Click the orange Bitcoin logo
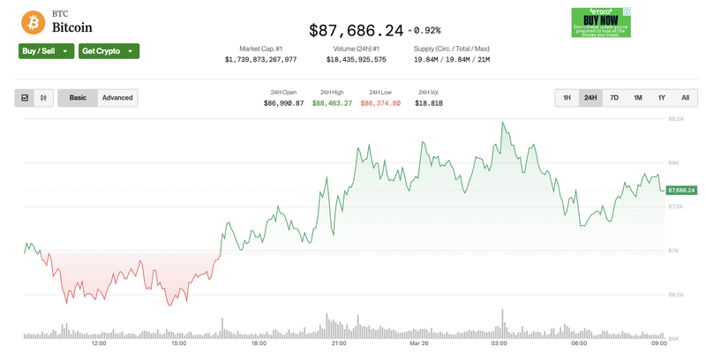(x=34, y=21)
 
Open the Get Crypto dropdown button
(x=109, y=51)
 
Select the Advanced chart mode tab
(x=117, y=98)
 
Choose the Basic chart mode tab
(x=78, y=98)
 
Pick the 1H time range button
(x=567, y=98)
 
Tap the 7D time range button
(x=614, y=98)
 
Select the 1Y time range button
(x=661, y=98)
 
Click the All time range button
(x=685, y=98)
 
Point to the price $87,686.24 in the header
(x=356, y=30)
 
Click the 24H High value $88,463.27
(x=332, y=103)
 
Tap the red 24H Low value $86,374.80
(x=380, y=103)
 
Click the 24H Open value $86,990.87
(x=283, y=103)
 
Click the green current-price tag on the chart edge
(x=681, y=190)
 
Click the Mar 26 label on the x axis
(x=418, y=343)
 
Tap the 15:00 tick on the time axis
(x=178, y=343)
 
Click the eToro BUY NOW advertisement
(x=600, y=22)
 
